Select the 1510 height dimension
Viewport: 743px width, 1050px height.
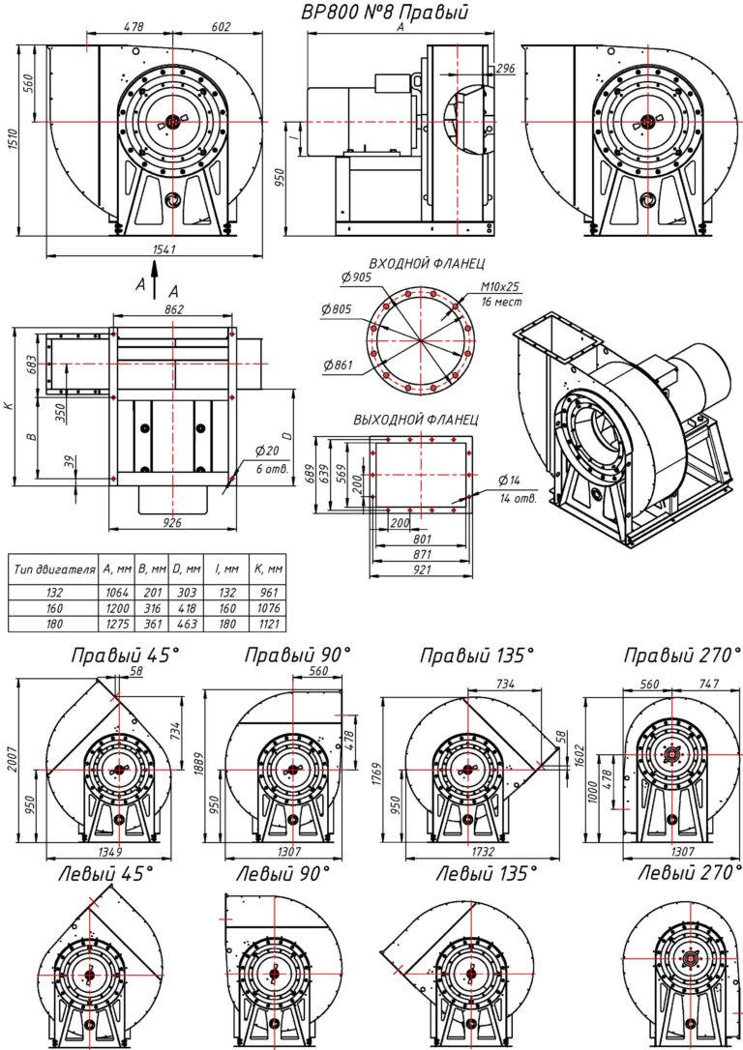pos(12,141)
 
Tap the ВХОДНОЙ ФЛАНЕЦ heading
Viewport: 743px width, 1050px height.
pos(427,262)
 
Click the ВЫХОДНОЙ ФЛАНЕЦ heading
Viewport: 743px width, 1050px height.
pos(415,421)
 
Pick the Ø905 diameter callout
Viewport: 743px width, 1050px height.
pos(356,277)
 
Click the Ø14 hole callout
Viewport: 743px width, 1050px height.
pos(510,481)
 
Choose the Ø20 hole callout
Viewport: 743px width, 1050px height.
pos(267,452)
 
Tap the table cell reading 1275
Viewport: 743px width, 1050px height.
pos(115,626)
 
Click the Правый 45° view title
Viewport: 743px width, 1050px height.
pos(125,656)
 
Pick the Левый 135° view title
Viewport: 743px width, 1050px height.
pos(484,873)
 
